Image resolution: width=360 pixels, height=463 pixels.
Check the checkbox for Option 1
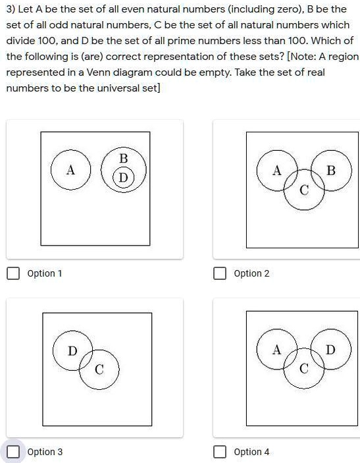[13, 273]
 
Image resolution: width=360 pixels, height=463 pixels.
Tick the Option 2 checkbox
[220, 273]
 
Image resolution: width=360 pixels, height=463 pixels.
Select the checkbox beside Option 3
[13, 452]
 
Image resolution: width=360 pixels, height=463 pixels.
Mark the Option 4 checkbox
[220, 452]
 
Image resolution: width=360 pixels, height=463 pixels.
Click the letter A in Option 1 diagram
[70, 170]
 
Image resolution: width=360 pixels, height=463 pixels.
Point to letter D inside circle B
[122, 177]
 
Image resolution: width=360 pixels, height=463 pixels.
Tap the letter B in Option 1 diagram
[123, 159]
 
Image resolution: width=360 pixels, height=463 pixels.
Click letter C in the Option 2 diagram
[303, 191]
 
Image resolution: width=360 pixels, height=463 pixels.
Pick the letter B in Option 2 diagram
[331, 171]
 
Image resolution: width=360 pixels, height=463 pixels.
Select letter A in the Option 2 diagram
[277, 171]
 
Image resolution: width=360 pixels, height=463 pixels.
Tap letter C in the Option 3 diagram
[99, 370]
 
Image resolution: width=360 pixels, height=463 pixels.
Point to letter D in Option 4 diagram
[330, 350]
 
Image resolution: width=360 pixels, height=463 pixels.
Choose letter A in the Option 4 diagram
[277, 350]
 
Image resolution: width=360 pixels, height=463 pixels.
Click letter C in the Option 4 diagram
[303, 369]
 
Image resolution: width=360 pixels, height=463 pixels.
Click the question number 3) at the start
[11, 10]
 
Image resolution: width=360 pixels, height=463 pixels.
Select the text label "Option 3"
[45, 452]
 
